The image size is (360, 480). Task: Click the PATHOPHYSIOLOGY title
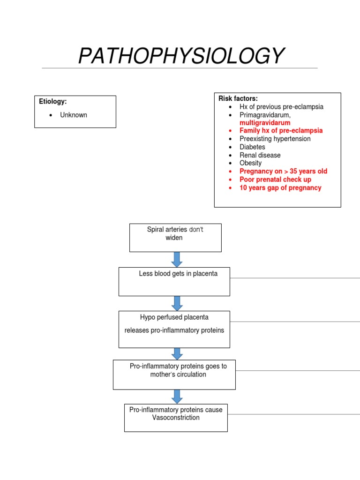[181, 56]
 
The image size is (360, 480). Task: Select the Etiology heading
[53, 101]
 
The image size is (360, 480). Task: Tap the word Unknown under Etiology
[74, 115]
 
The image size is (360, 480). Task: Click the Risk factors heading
[238, 98]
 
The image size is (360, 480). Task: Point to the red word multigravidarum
[265, 123]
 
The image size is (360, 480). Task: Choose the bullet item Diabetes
[252, 147]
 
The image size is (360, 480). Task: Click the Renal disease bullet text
[260, 155]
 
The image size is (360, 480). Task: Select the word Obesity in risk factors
[250, 163]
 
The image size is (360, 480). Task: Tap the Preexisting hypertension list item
[275, 139]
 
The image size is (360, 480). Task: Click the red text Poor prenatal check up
[275, 180]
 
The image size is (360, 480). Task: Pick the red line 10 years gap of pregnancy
[280, 187]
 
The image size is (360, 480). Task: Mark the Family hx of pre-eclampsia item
[281, 131]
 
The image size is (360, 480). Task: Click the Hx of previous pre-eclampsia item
[281, 107]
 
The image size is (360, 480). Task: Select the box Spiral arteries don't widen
[175, 238]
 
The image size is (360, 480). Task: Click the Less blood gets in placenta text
[178, 273]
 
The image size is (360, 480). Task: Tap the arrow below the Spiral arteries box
[177, 260]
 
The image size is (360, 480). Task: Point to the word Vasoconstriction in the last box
[176, 418]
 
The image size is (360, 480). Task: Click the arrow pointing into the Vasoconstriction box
[177, 397]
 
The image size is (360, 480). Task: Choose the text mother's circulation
[178, 375]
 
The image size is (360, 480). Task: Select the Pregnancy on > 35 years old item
[283, 171]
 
